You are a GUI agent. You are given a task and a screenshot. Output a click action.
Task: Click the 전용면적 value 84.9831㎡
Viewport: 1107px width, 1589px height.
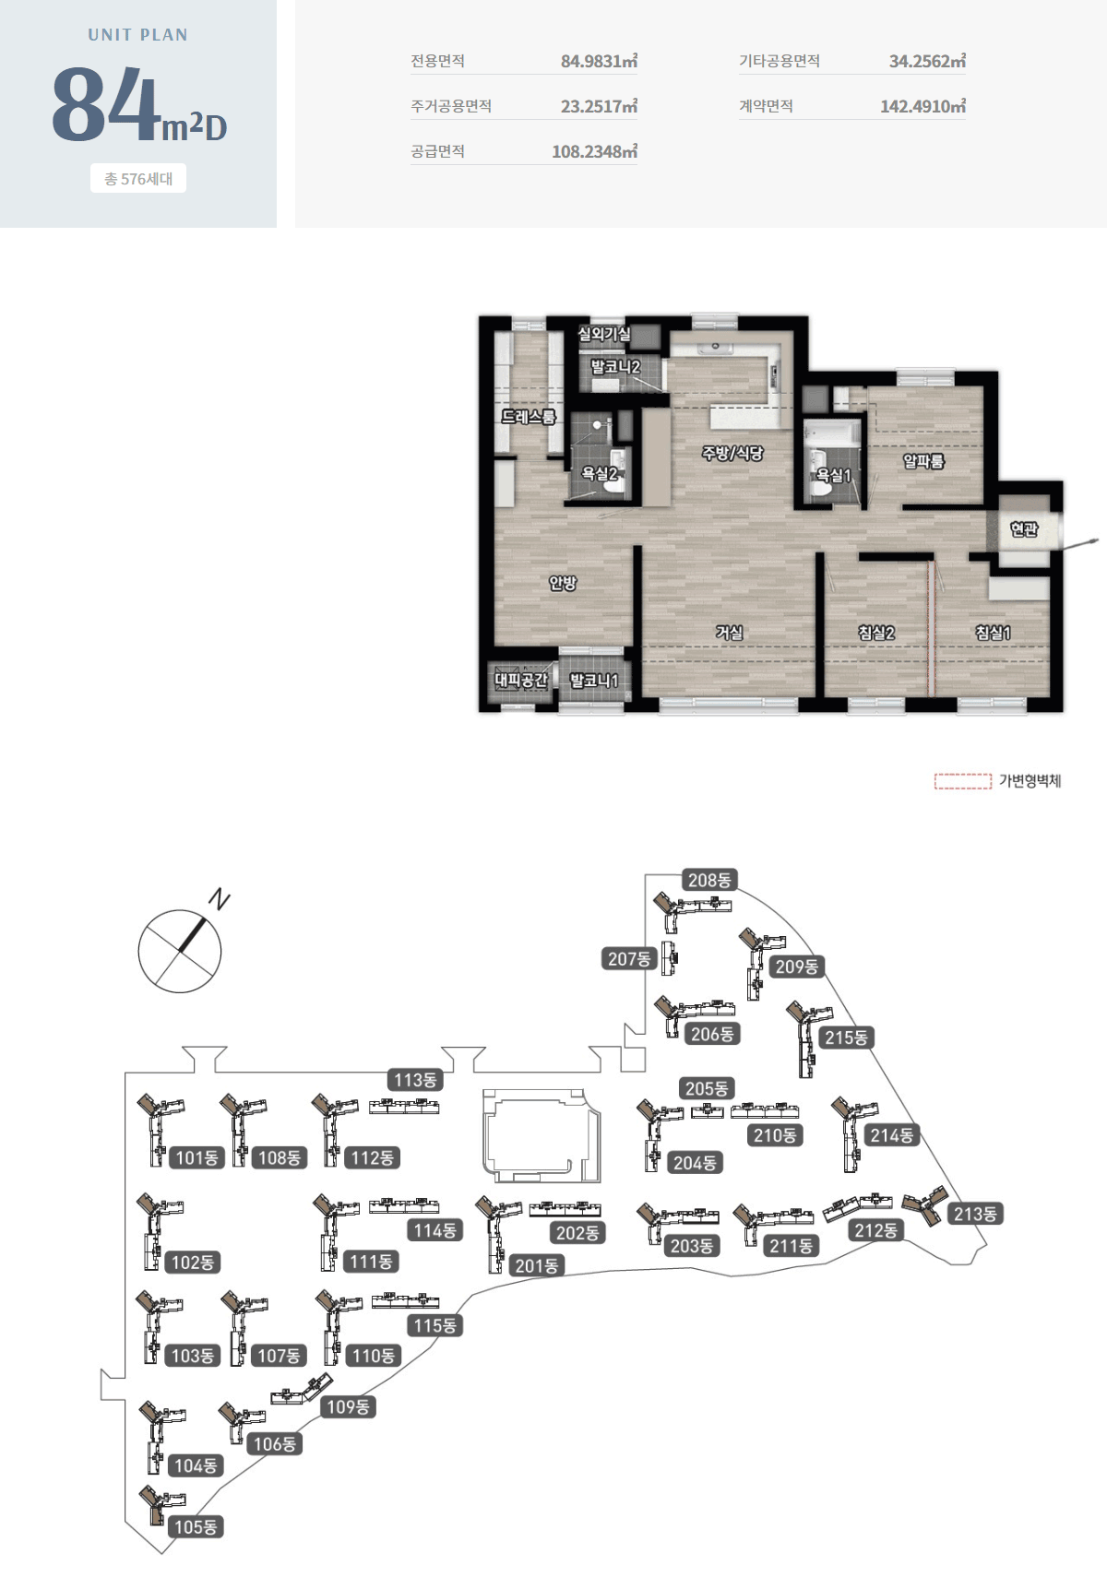click(x=599, y=62)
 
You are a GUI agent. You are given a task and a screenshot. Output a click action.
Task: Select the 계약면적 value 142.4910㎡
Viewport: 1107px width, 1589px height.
click(x=922, y=107)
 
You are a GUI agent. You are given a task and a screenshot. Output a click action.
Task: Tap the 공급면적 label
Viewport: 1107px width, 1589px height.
click(x=437, y=151)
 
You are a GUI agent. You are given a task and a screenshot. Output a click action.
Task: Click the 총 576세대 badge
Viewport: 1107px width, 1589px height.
click(x=138, y=179)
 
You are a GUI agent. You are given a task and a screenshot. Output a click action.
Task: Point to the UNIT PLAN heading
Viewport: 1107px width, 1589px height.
click(x=138, y=35)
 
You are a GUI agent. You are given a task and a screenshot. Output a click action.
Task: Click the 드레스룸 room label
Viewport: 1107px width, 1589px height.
click(x=529, y=417)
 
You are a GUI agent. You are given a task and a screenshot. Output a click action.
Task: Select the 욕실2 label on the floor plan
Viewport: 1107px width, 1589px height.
click(x=599, y=474)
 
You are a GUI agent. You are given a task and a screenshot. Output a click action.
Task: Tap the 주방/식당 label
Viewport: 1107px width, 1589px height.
click(x=732, y=453)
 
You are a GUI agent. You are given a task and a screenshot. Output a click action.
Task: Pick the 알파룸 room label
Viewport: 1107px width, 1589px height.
click(x=923, y=461)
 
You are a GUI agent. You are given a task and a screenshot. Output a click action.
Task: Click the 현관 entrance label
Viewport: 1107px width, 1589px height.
click(x=1024, y=528)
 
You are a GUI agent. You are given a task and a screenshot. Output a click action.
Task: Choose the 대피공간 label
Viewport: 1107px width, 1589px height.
click(x=521, y=681)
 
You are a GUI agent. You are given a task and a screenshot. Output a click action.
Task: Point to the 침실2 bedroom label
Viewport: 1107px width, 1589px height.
click(x=876, y=633)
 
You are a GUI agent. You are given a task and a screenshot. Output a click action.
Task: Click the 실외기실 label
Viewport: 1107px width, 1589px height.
click(x=604, y=334)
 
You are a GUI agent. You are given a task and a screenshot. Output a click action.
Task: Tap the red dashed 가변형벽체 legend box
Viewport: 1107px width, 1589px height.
click(x=963, y=782)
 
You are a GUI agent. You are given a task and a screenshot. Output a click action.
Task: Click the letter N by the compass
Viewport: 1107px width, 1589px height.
click(x=220, y=898)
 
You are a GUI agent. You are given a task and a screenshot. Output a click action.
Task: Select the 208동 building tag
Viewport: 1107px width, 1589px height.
click(x=709, y=881)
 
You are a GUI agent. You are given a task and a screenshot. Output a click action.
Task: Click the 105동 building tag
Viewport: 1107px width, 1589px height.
click(x=196, y=1527)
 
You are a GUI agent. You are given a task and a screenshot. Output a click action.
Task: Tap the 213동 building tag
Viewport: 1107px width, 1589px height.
click(x=975, y=1214)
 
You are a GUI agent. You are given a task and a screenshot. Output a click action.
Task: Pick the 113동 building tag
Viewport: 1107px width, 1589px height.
click(x=415, y=1080)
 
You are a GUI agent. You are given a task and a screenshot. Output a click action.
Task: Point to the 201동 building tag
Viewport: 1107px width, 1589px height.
click(x=537, y=1266)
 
